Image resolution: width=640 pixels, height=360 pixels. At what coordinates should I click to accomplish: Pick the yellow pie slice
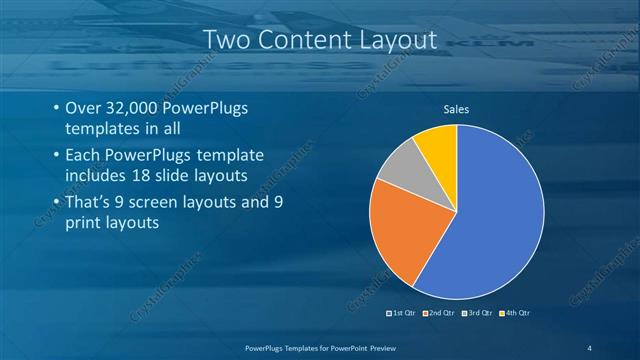[x=438, y=145]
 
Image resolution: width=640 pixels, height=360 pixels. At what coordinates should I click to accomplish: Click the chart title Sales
[x=456, y=109]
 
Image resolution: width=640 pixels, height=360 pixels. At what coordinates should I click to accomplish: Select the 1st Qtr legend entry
[x=401, y=313]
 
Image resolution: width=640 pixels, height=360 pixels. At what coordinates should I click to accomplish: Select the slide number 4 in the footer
[x=589, y=346]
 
